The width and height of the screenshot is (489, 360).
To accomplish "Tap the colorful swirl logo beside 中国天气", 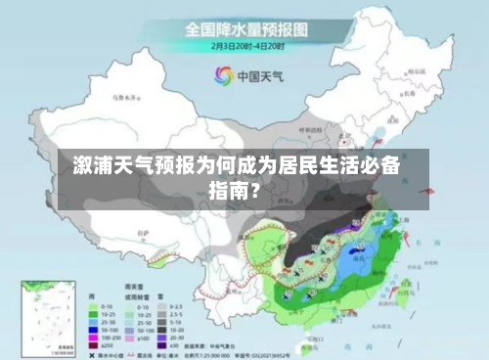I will coord(222,75).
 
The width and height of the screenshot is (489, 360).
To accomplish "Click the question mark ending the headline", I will coord(255,189).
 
